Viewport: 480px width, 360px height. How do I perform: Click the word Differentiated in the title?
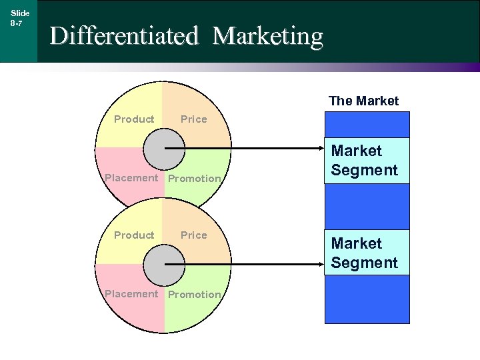tap(124, 35)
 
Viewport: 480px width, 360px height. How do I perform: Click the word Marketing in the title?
tap(268, 35)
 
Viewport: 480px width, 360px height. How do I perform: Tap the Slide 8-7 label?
tap(19, 17)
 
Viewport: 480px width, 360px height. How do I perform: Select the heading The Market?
tap(363, 101)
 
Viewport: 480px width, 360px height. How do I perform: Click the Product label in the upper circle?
tap(134, 119)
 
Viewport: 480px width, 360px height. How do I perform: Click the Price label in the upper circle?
tap(194, 119)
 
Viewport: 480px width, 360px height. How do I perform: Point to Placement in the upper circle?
tap(131, 178)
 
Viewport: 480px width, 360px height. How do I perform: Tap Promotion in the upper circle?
tap(194, 179)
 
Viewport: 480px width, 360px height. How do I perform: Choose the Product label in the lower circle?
tap(134, 235)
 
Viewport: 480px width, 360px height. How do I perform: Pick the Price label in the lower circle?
tap(194, 235)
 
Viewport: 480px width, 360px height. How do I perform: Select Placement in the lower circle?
tap(131, 294)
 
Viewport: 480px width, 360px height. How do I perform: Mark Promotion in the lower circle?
tap(194, 295)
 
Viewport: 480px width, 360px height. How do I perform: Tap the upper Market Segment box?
tap(367, 161)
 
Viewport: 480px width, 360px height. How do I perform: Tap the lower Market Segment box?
tap(367, 253)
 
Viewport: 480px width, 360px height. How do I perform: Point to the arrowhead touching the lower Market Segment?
tap(321, 264)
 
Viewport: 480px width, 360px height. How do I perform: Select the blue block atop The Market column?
tap(367, 124)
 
